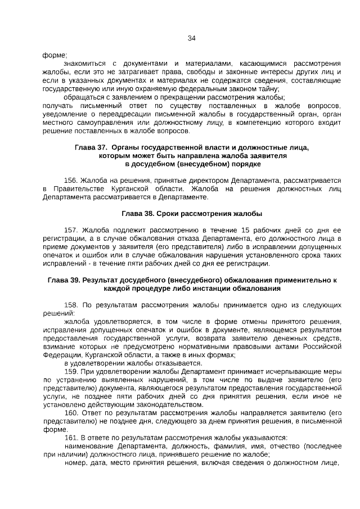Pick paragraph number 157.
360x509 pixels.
click(71, 230)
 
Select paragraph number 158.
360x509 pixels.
click(71, 305)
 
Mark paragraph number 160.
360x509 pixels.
click(71, 413)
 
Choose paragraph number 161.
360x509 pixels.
click(71, 438)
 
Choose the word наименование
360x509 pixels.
click(85, 446)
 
